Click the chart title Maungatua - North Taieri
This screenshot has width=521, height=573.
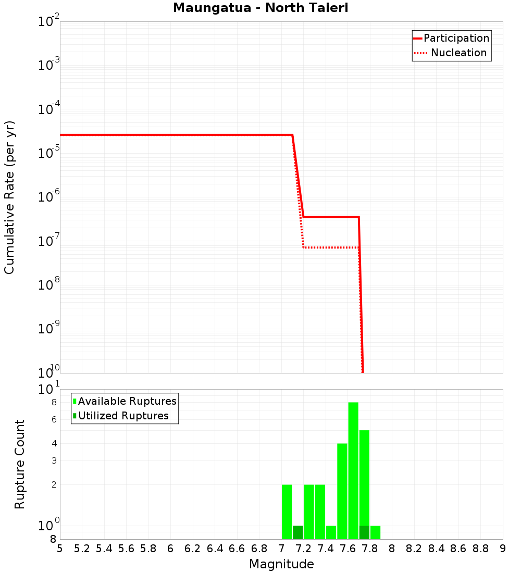(260, 8)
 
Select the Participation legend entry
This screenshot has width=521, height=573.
(456, 38)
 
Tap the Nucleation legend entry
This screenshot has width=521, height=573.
(458, 53)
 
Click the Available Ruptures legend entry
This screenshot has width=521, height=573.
(127, 401)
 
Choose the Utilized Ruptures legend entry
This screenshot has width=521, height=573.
(123, 416)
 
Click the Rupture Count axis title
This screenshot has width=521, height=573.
(20, 464)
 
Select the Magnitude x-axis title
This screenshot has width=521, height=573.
(281, 564)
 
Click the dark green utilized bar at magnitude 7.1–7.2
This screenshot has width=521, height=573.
(298, 532)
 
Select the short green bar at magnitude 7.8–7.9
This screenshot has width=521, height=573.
(375, 532)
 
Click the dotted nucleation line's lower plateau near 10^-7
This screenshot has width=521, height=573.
(331, 247)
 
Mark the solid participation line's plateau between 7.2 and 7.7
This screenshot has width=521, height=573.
(331, 217)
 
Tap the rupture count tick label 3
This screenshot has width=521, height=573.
(53, 460)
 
